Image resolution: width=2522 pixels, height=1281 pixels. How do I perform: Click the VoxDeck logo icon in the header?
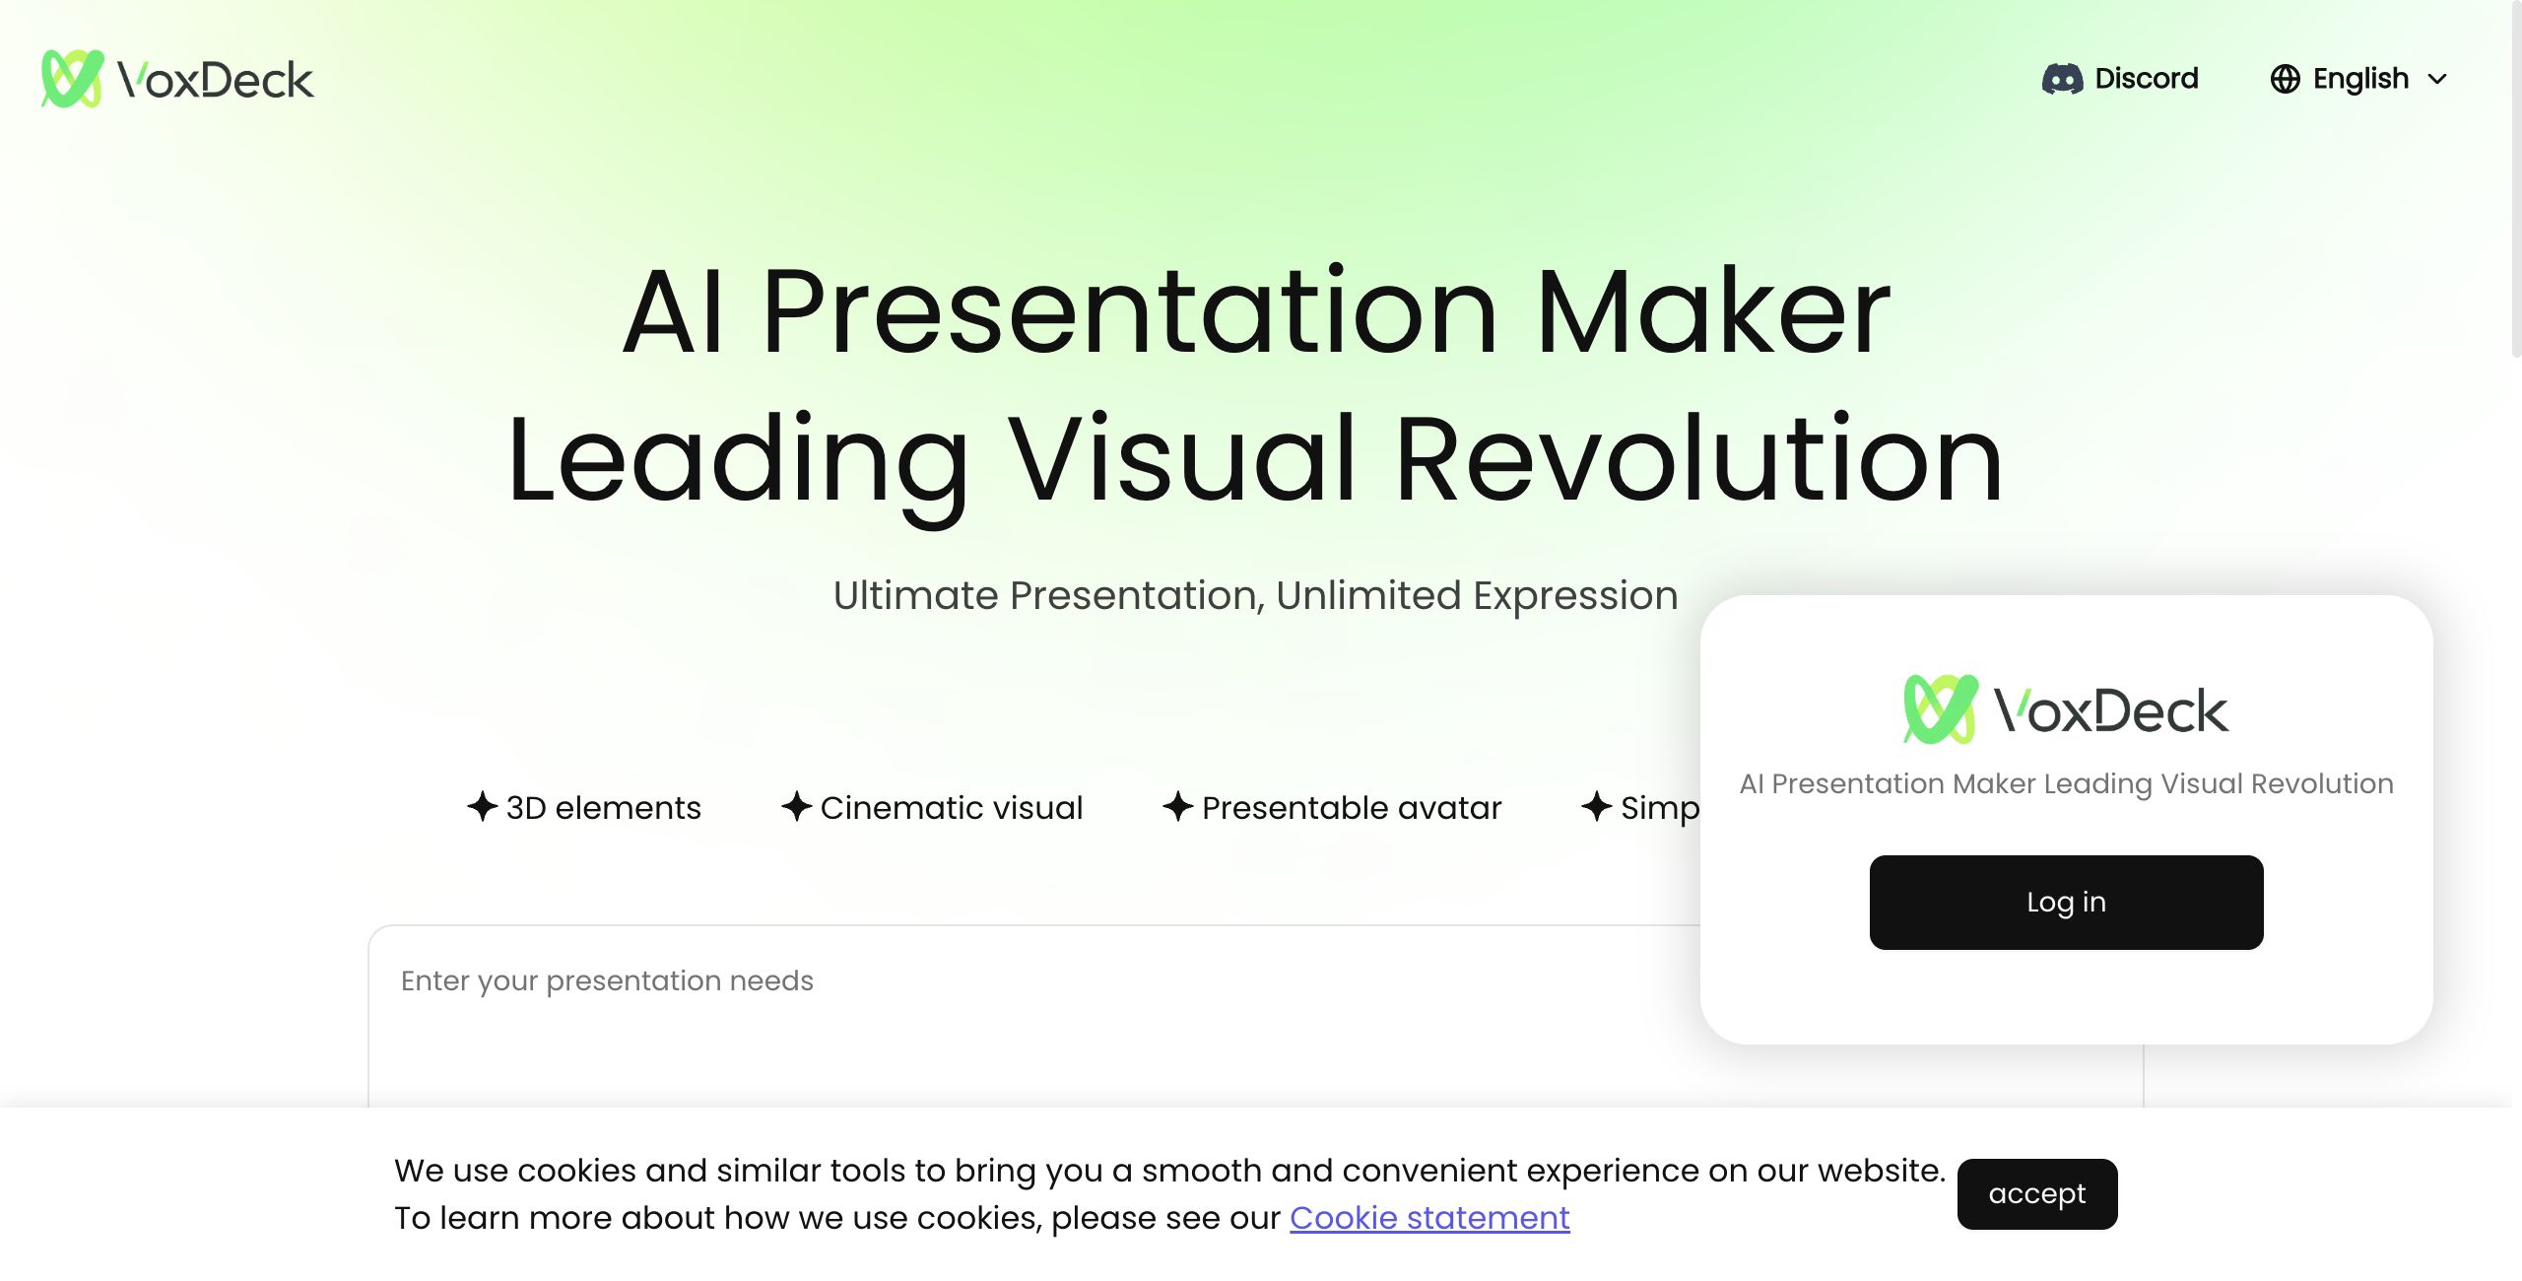point(72,79)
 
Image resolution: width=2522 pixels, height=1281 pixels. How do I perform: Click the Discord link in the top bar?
point(2120,79)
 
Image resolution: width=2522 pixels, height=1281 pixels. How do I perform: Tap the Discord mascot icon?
point(2063,79)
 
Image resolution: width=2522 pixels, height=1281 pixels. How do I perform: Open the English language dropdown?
point(2358,79)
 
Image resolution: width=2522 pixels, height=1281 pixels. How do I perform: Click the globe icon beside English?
point(2285,79)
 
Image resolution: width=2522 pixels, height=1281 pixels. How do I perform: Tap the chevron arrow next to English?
point(2437,80)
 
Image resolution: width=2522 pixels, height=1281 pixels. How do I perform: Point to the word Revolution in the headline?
point(1699,459)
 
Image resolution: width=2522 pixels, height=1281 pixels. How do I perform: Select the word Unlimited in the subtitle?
point(1368,595)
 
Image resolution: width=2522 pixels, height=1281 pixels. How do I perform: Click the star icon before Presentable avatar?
point(1178,807)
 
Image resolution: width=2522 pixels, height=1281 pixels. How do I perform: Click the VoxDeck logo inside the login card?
point(2066,709)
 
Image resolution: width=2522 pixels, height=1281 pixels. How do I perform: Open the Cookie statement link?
point(1429,1218)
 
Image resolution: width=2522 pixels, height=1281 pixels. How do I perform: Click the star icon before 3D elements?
point(483,807)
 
